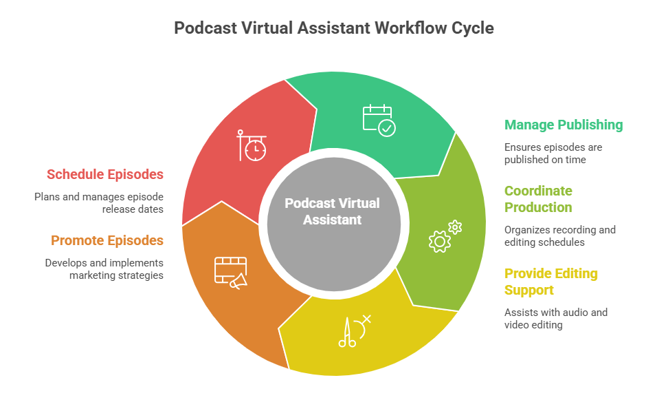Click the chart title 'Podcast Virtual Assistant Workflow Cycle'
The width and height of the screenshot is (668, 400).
pos(333,28)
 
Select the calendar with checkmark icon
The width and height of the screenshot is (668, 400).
pos(379,119)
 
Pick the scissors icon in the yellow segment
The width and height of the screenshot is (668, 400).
pos(353,331)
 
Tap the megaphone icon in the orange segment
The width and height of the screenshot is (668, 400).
pos(231,272)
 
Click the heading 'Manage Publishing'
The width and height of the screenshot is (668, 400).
pos(564,125)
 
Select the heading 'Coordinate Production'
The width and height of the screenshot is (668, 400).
pos(538,199)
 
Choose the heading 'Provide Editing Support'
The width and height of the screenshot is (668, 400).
pos(550,282)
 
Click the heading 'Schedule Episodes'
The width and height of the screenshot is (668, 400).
pos(105,174)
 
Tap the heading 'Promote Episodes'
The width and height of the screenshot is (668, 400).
pos(107,240)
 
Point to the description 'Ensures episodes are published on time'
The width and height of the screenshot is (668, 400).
pos(553,154)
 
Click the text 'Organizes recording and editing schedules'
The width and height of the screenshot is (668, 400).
pos(559,236)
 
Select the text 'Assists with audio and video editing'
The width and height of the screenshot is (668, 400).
pos(555,318)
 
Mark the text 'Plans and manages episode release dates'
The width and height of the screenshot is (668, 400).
pos(99,202)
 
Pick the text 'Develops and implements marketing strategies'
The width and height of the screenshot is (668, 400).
pos(104,269)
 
